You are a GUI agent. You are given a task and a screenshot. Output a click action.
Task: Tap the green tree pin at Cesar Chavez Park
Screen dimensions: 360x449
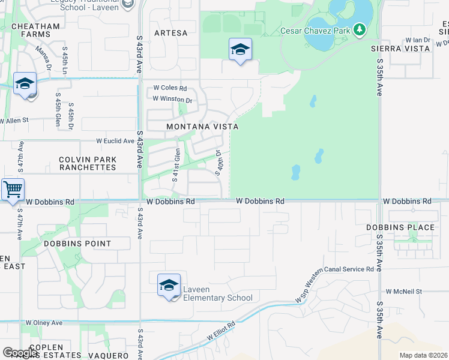coord(360,29)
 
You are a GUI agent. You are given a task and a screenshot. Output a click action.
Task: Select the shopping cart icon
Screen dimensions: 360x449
coord(13,190)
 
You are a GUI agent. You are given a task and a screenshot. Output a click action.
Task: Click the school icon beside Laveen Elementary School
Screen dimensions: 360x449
coord(169,285)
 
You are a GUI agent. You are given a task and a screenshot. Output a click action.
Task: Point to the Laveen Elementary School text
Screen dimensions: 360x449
coord(218,293)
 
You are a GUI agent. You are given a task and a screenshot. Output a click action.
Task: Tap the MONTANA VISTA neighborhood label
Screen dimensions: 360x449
coord(202,127)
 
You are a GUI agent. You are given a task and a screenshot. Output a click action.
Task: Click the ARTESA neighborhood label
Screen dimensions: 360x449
coord(170,33)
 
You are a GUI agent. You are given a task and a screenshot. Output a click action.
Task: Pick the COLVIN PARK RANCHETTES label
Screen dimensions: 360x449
coord(88,163)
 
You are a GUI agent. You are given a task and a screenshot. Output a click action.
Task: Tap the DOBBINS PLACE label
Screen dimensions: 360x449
coord(400,227)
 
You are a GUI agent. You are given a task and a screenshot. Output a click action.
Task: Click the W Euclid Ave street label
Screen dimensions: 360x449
coord(115,141)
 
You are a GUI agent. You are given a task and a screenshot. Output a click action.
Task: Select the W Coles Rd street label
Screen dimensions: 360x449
coord(170,88)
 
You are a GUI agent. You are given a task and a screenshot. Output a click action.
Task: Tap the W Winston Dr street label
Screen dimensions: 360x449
coord(172,99)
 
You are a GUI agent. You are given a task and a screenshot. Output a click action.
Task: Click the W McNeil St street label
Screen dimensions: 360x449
coord(404,291)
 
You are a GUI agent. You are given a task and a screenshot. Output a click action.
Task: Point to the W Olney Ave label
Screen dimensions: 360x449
coord(44,323)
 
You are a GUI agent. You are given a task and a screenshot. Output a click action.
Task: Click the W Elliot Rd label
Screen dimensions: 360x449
coord(222,332)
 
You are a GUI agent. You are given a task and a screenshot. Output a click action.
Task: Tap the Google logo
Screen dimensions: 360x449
coord(20,353)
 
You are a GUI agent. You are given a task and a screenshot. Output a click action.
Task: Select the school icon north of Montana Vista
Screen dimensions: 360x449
coord(240,50)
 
